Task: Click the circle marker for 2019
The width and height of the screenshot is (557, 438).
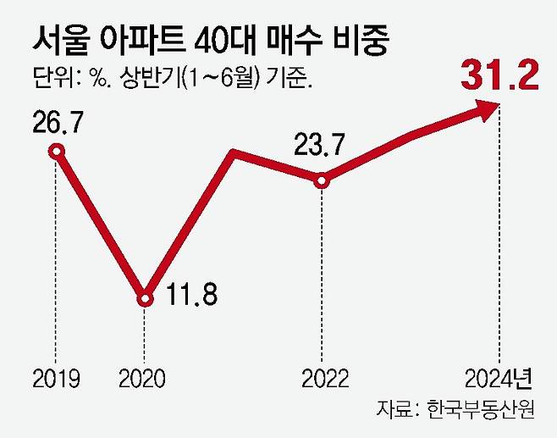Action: click(x=56, y=152)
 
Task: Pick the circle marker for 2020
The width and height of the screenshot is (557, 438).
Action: click(x=145, y=298)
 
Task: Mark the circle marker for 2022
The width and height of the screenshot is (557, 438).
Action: click(x=321, y=180)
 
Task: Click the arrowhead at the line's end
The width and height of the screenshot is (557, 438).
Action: click(x=488, y=107)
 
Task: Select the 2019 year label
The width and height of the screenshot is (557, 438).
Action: click(x=55, y=377)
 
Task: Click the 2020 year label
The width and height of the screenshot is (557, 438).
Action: click(x=144, y=377)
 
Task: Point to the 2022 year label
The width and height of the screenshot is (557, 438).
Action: click(x=320, y=377)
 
